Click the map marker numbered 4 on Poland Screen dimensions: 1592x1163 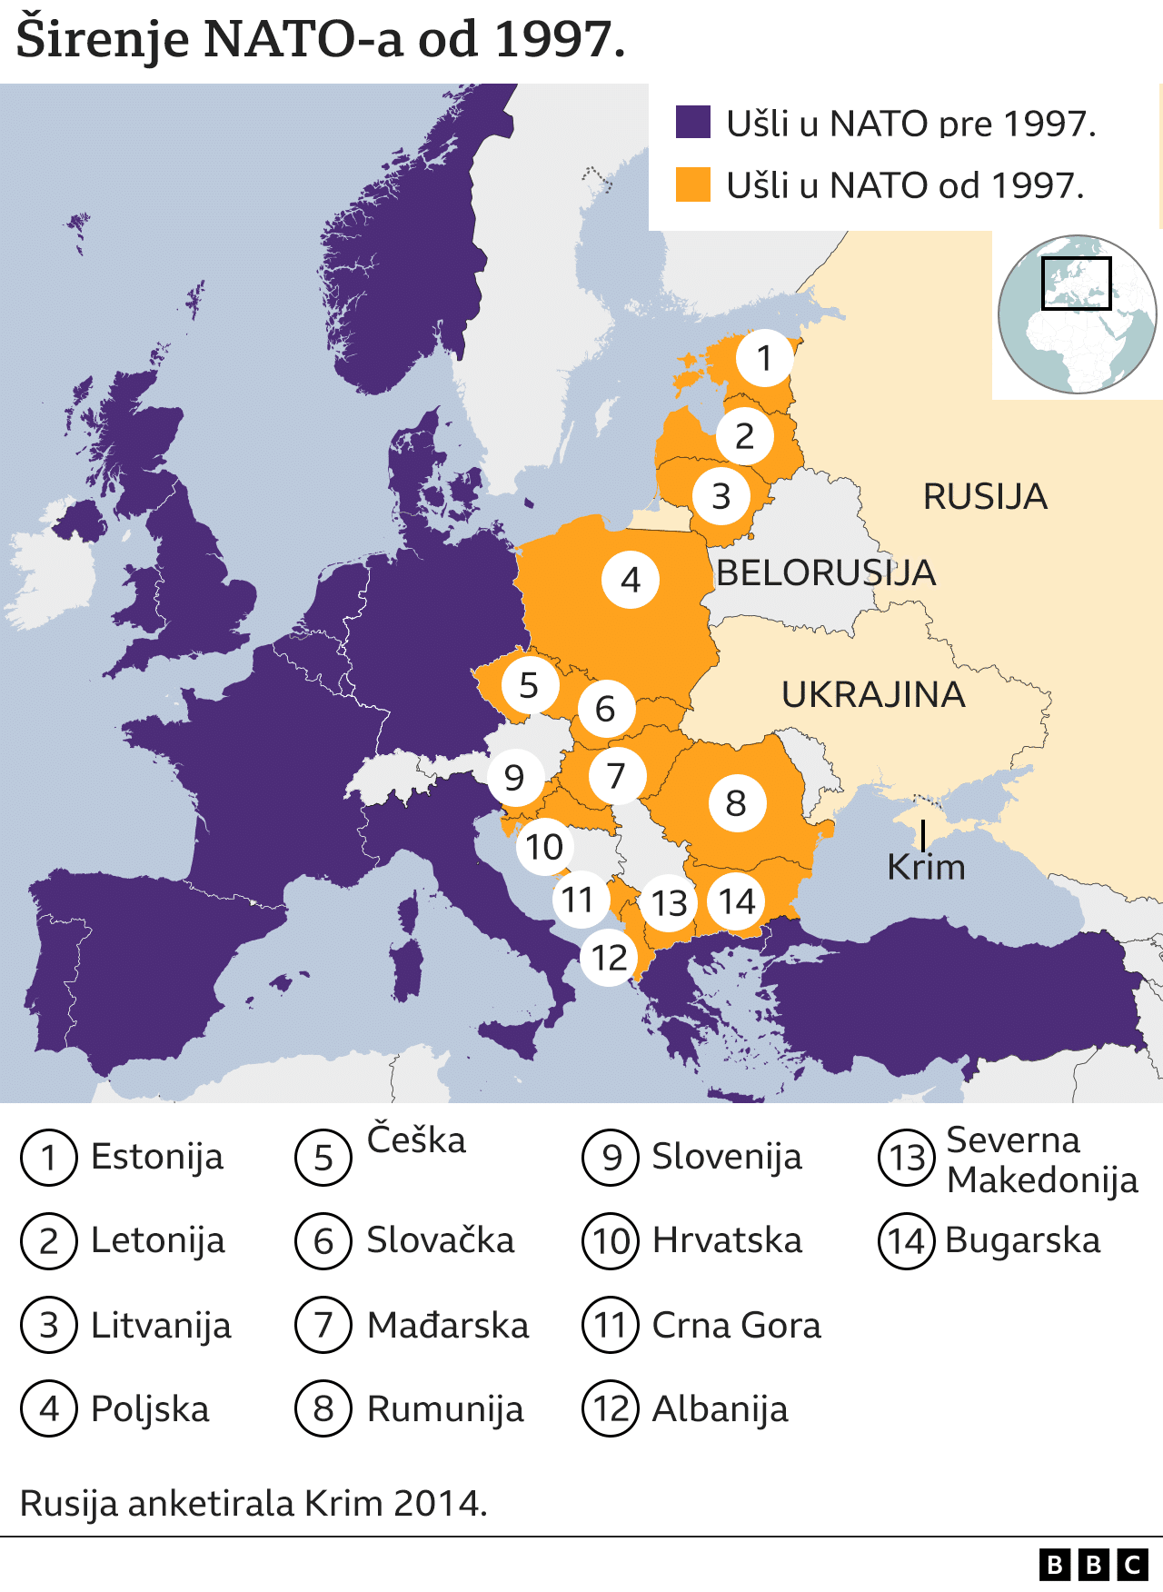click(631, 579)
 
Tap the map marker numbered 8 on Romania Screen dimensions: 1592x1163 click(736, 802)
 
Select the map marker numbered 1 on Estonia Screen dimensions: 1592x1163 click(764, 358)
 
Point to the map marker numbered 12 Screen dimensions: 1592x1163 click(610, 957)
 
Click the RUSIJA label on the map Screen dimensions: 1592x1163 click(985, 497)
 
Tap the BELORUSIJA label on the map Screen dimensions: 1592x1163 click(825, 572)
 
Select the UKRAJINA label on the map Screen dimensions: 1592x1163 click(873, 694)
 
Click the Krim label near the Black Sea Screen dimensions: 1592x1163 click(926, 867)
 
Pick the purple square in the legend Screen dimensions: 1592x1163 click(693, 122)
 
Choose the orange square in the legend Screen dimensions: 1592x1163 click(693, 184)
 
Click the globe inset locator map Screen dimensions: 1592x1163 click(1077, 314)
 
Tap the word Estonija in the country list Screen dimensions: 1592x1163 click(157, 1157)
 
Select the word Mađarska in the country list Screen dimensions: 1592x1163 click(447, 1325)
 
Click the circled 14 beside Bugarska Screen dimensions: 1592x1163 click(906, 1241)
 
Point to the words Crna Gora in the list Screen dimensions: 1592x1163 click(736, 1325)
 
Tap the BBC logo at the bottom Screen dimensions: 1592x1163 click(1094, 1565)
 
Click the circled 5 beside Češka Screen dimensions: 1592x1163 click(323, 1158)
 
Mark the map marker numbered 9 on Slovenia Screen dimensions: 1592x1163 click(514, 777)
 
